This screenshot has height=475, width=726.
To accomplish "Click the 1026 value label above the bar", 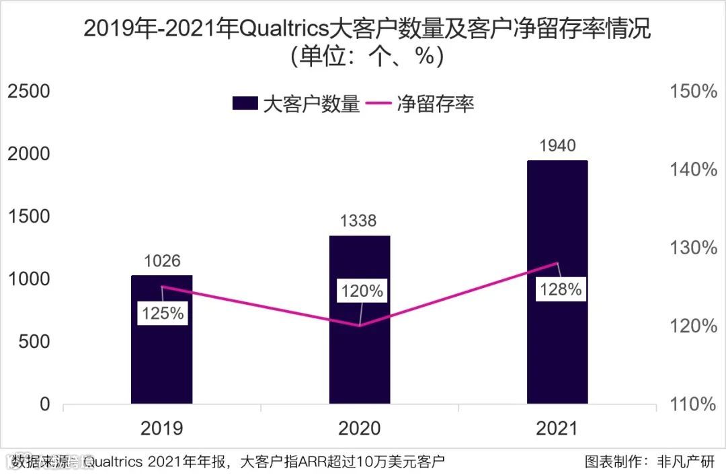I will (x=161, y=260).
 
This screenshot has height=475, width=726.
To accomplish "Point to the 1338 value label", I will (x=360, y=221).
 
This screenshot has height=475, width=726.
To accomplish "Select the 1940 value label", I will (x=557, y=145).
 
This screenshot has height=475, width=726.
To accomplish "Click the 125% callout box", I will (x=161, y=314).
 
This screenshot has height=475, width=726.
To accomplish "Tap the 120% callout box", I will (x=360, y=291).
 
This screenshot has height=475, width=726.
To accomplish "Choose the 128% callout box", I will (x=559, y=290).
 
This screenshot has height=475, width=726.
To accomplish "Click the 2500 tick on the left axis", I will (x=28, y=92).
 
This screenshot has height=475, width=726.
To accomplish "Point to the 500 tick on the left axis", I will (x=35, y=342).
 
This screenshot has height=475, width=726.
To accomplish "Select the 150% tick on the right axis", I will (x=694, y=92).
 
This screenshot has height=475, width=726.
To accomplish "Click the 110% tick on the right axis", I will (x=694, y=404).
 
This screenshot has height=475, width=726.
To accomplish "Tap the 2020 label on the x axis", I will (x=360, y=429).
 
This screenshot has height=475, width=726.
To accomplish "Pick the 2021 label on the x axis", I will (x=557, y=429).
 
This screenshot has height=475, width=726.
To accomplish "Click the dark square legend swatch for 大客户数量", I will (x=245, y=104).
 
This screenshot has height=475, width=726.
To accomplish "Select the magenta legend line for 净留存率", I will (x=380, y=104).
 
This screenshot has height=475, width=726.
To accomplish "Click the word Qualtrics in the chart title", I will (x=283, y=30).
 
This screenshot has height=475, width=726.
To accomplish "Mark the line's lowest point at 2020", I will (x=360, y=326).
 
